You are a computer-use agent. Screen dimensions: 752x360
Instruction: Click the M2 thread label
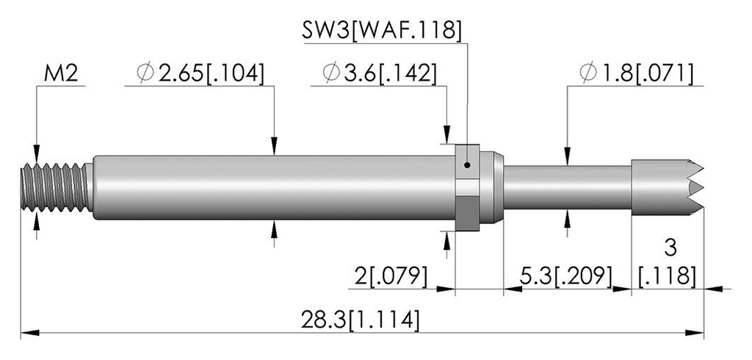(61, 74)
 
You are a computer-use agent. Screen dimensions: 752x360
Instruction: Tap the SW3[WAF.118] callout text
(382, 31)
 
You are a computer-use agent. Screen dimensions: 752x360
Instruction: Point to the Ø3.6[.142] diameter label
(380, 73)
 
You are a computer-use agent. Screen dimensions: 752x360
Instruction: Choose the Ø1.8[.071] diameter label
(637, 73)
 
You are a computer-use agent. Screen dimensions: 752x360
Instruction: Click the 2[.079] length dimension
(391, 276)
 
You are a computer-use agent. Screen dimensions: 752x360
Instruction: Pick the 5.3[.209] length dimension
(566, 276)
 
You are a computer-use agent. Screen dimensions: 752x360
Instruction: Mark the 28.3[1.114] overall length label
(360, 320)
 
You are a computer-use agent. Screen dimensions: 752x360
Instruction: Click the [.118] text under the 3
(667, 276)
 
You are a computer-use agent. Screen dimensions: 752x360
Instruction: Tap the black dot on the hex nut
(468, 165)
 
